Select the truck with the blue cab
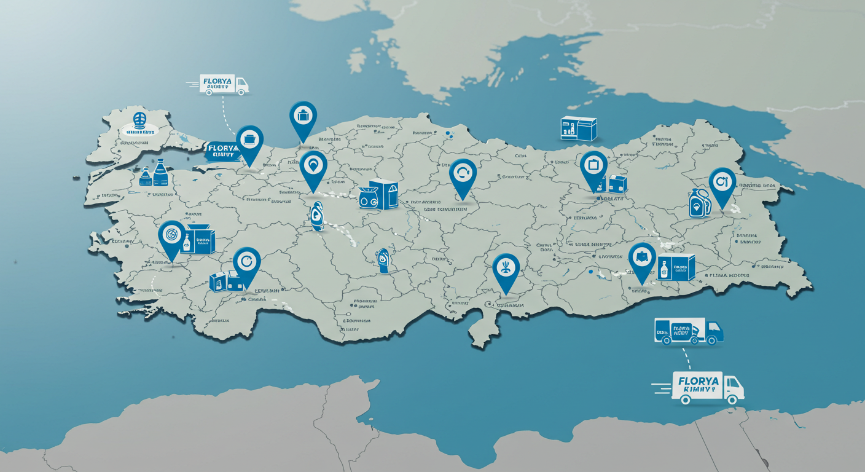coord(689,332)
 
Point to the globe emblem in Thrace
coord(140,119)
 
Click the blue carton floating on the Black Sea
coord(579,128)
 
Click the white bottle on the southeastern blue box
coord(663,270)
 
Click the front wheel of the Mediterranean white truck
coord(731,399)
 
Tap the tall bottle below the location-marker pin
coord(317,216)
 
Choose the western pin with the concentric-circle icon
coord(171,235)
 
